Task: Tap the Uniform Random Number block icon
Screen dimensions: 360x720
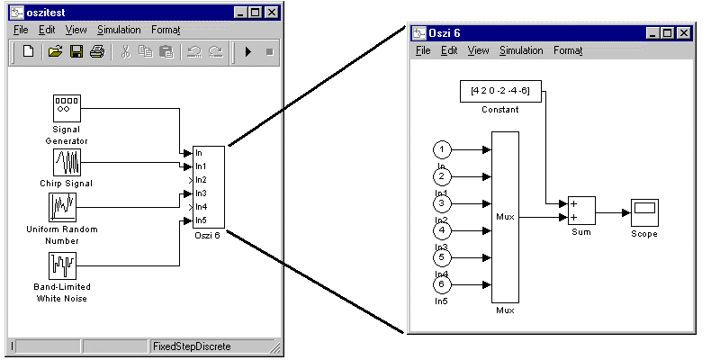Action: (64, 208)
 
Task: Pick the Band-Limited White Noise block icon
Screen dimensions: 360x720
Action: (64, 266)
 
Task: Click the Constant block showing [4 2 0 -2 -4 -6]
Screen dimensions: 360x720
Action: (500, 91)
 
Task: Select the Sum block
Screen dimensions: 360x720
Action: (580, 211)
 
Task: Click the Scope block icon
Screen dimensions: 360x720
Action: (643, 212)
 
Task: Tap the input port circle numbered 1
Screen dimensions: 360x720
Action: (442, 149)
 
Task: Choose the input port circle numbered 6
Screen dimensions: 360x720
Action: (442, 284)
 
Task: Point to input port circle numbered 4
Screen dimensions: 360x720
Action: (442, 230)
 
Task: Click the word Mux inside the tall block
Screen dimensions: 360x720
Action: (505, 217)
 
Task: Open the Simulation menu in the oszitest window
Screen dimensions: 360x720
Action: (119, 30)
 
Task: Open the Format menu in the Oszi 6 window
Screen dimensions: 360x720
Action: (568, 50)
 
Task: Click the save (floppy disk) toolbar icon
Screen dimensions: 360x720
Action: (76, 51)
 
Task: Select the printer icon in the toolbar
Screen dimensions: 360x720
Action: (96, 51)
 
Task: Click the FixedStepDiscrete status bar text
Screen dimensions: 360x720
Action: (192, 346)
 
